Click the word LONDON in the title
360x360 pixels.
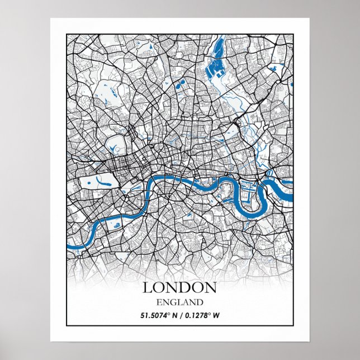pos(179,287)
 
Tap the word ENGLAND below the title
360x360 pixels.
pos(179,302)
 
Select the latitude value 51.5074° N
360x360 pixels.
pos(159,315)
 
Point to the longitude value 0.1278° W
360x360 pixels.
pos(200,315)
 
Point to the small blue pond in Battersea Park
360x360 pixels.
pos(117,224)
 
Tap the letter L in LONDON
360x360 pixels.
pos(147,287)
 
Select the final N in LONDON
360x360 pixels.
pos(210,287)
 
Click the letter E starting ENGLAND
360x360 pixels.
pos(159,302)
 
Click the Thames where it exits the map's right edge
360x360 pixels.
pos(290,197)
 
